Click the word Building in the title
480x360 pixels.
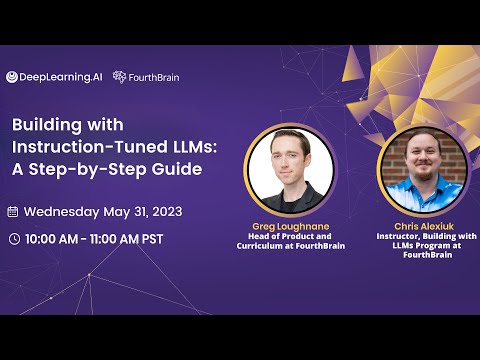click(45, 127)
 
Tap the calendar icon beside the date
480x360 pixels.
click(12, 212)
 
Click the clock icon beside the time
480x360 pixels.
click(12, 239)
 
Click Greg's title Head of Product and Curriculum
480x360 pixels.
click(289, 241)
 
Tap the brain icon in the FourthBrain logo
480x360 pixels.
click(119, 77)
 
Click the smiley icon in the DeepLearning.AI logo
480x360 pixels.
click(12, 77)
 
